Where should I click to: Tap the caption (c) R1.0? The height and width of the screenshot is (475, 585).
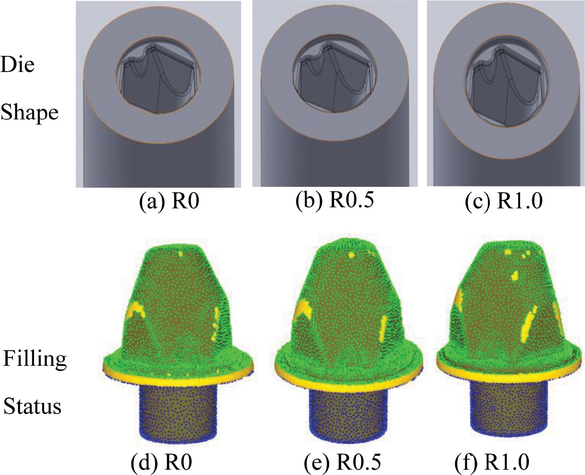pos(504,202)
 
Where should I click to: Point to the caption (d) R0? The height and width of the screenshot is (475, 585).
pos(162,463)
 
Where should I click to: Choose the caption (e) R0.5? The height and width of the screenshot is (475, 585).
pos(343,463)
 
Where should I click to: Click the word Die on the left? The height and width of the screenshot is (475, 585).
pos(18,65)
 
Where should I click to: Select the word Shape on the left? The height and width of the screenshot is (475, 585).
pos(30,112)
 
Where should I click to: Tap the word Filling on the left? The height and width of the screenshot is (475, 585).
pos(35,359)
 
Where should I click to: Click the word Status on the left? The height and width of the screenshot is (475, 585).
pos(33,406)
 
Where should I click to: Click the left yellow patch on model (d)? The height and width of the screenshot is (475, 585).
pos(136,311)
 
